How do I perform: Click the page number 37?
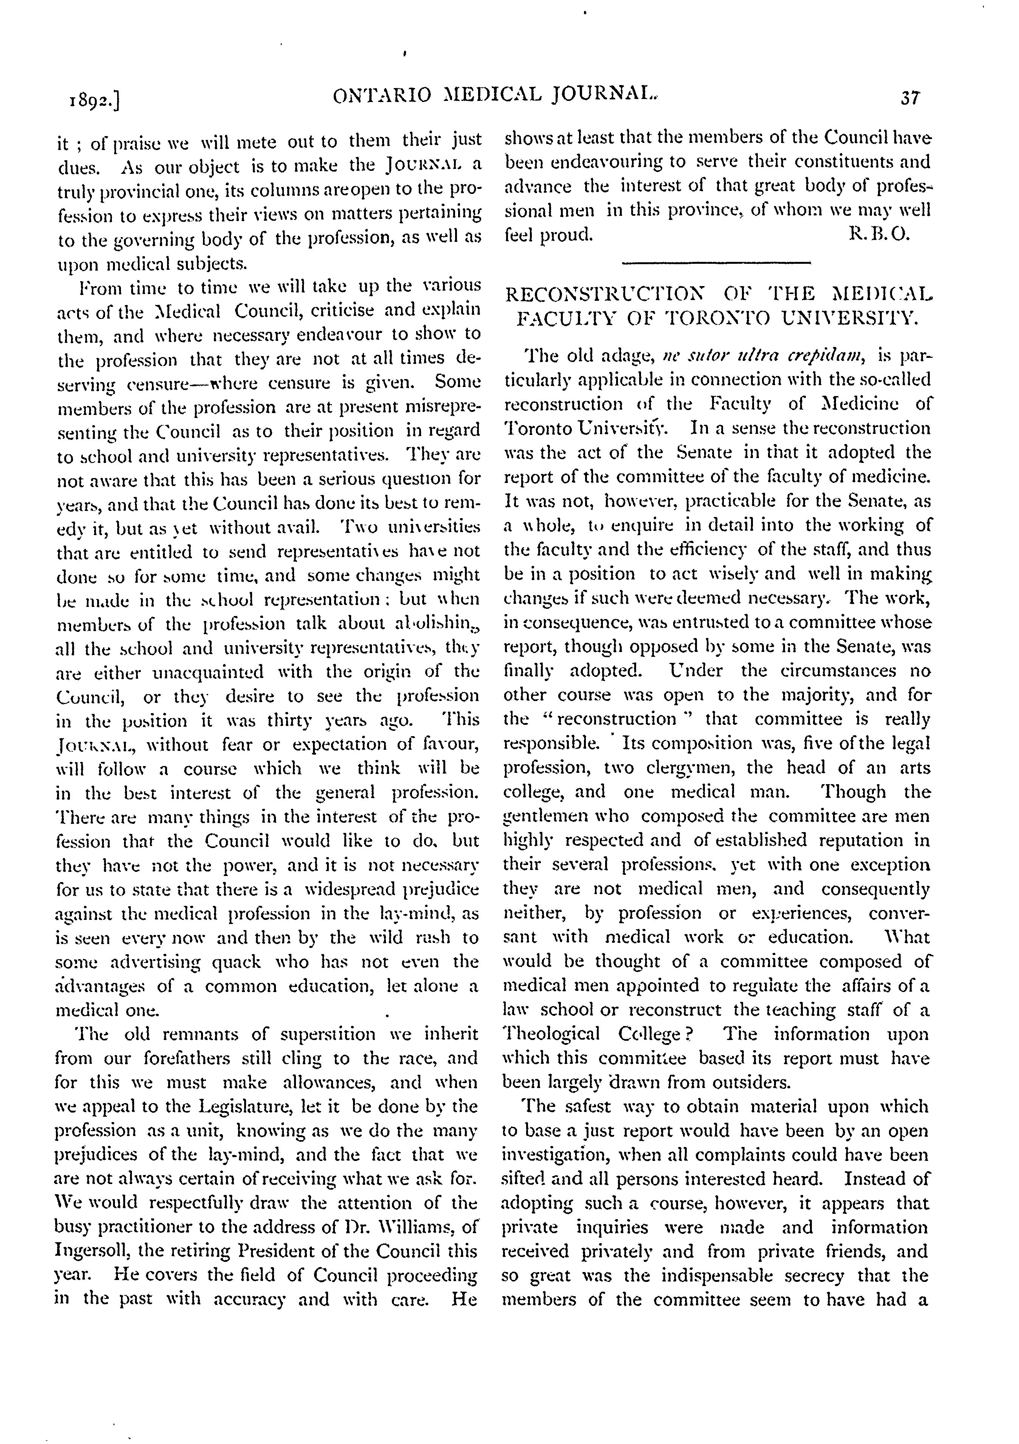(x=909, y=98)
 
